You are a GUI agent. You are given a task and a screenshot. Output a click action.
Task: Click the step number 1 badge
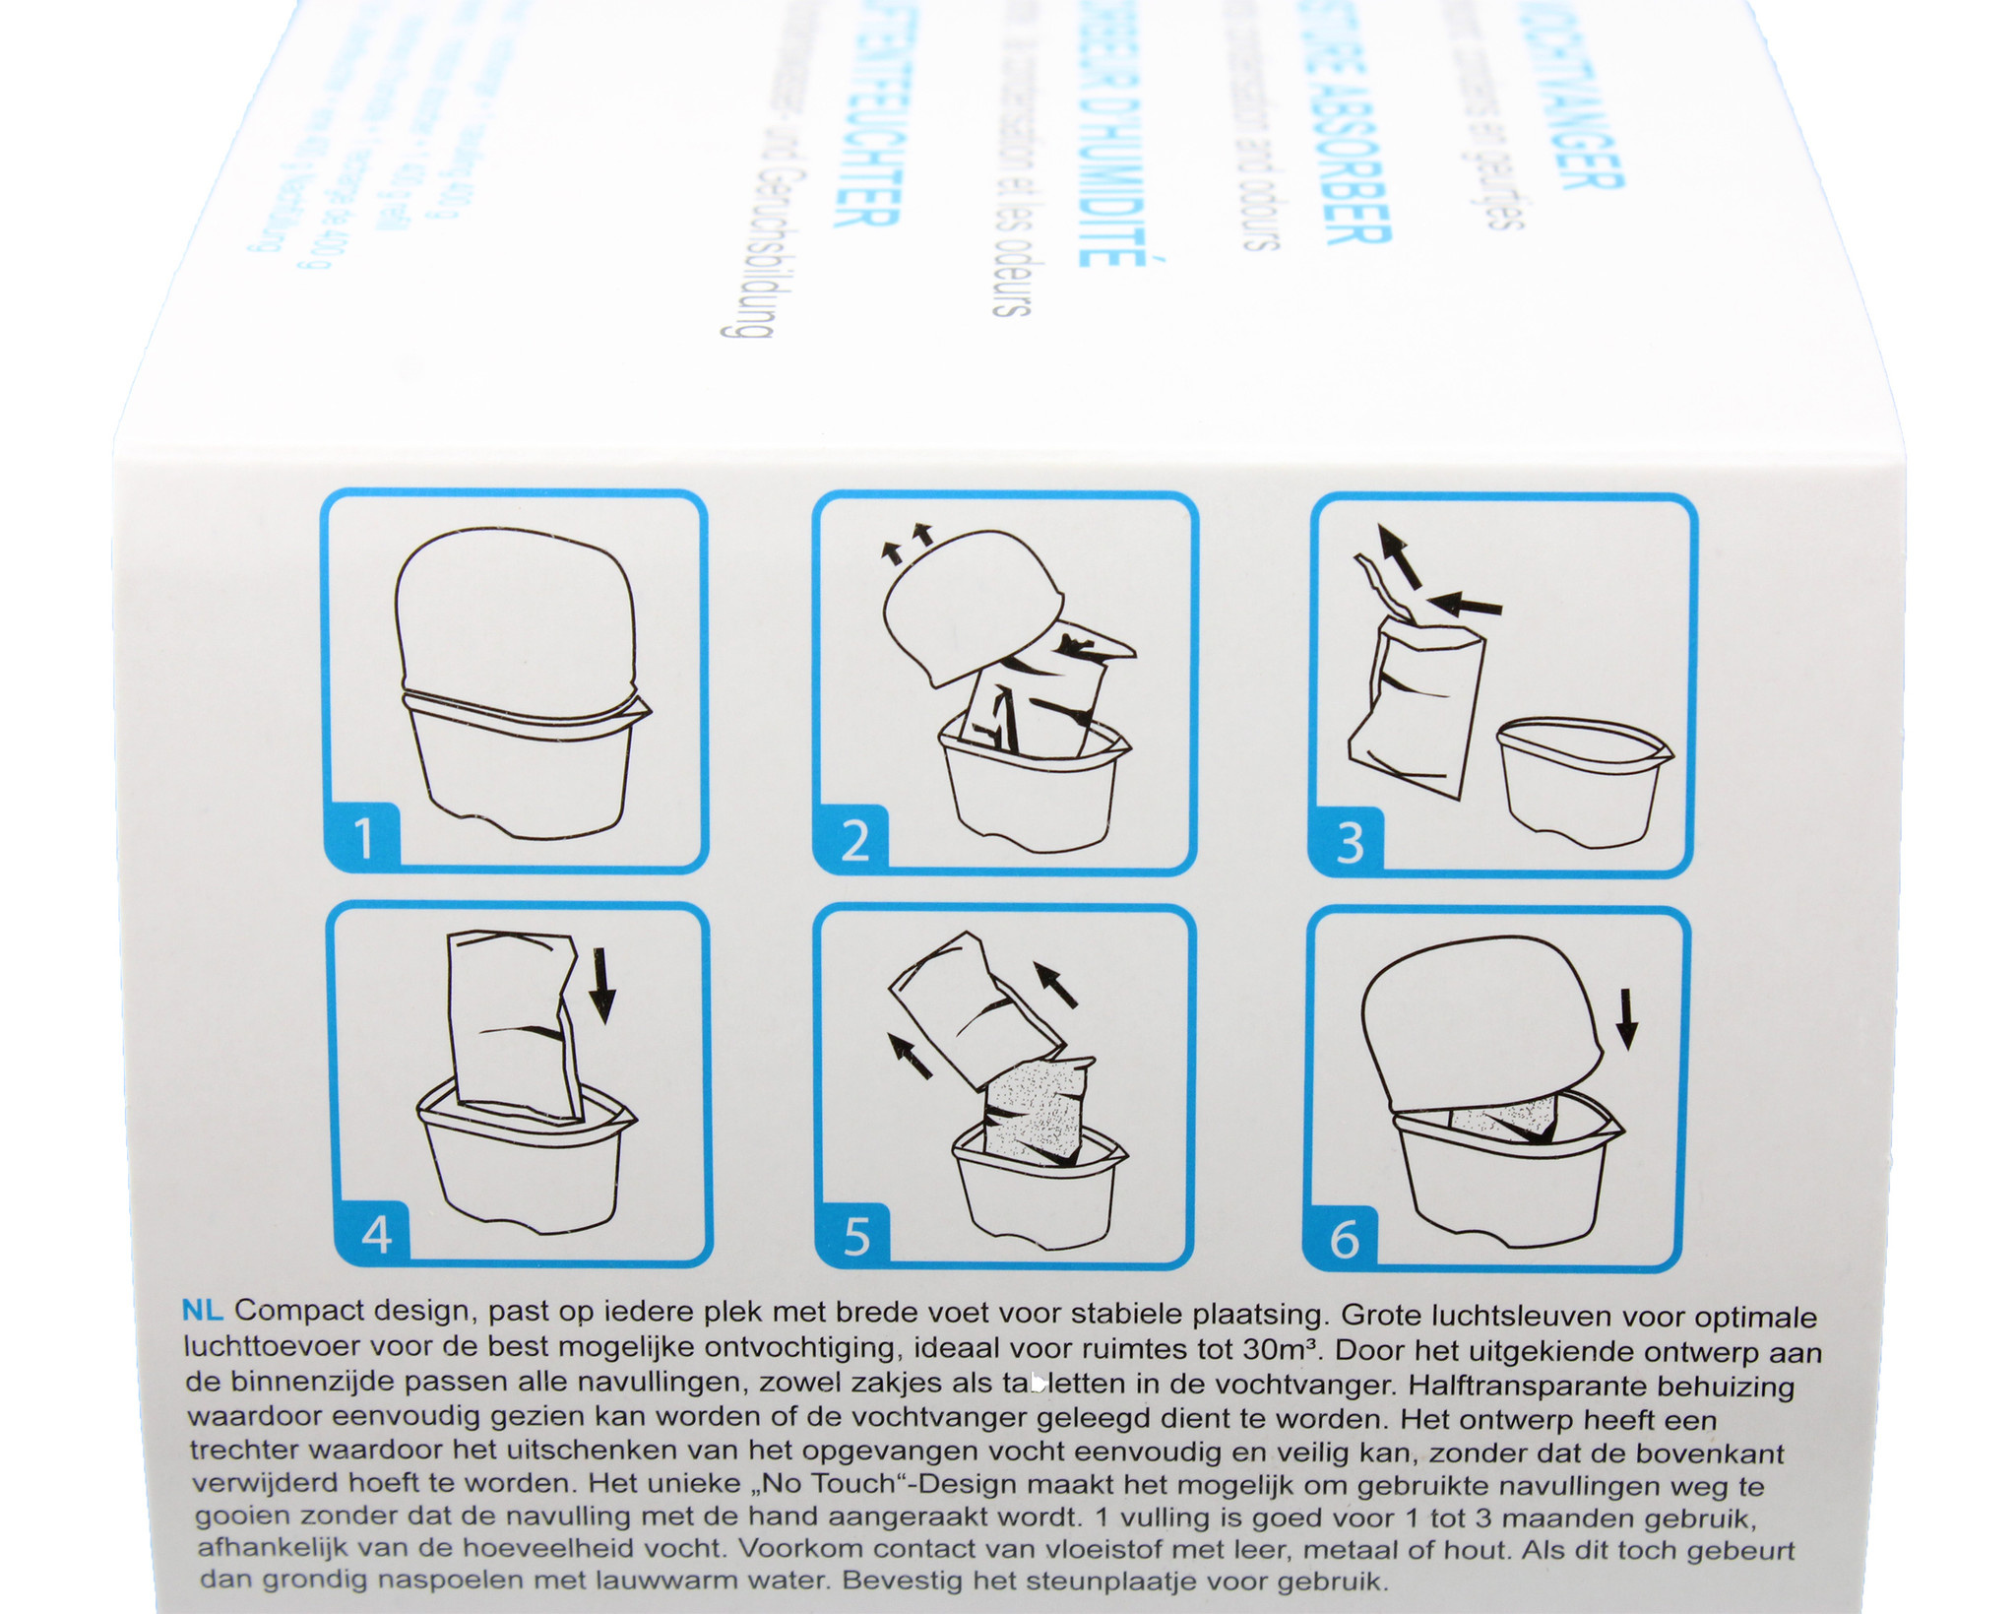[363, 838]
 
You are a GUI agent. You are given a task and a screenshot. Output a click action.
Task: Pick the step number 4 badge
[376, 1233]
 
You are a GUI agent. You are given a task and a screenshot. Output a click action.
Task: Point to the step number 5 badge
[856, 1237]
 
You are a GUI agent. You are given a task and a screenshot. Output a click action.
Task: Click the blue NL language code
[203, 1311]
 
